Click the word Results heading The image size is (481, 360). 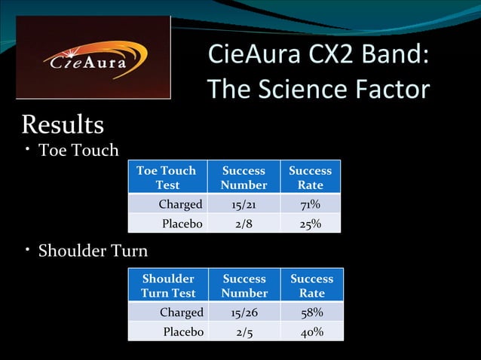point(63,124)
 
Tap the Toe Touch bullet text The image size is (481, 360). point(78,150)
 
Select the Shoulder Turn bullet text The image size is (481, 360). point(93,250)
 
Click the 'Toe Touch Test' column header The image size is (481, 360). point(166,177)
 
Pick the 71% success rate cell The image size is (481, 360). point(310,204)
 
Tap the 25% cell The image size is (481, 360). point(310,224)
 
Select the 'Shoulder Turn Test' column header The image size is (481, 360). point(168,285)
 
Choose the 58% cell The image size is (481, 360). point(311,312)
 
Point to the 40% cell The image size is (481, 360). point(311,331)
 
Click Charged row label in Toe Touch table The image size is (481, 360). point(180,204)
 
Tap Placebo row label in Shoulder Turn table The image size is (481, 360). point(183,331)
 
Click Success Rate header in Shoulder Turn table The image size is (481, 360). point(311,285)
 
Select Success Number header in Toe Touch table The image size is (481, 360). point(244,177)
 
